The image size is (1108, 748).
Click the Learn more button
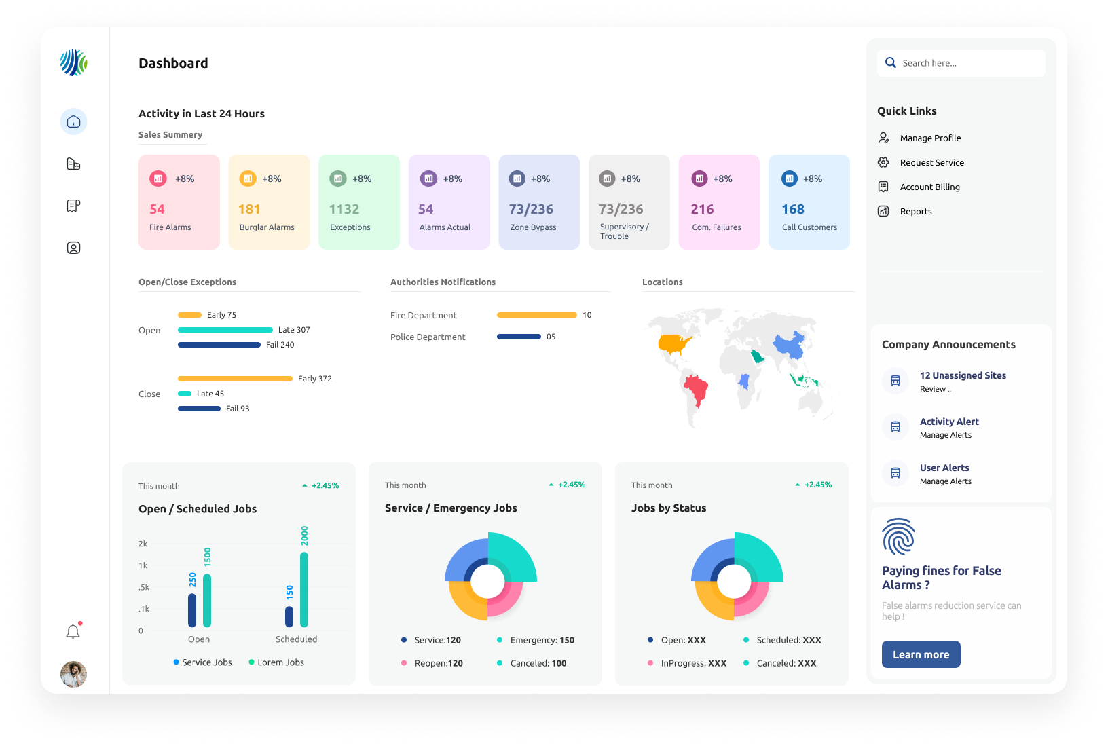921,654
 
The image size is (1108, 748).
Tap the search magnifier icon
890,63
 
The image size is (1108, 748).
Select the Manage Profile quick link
930,138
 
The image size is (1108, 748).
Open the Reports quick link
916,211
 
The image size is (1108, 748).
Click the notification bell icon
73,631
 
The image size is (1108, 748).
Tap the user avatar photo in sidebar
74,674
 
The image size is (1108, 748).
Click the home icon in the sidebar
74,121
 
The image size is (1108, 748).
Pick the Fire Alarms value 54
157,209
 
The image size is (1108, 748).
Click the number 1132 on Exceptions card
344,209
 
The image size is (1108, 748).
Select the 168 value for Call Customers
793,209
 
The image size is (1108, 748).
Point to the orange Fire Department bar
536,315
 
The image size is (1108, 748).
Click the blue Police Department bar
519,337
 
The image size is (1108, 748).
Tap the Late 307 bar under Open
225,330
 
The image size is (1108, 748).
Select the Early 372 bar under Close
235,379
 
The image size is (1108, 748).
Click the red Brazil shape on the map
697,388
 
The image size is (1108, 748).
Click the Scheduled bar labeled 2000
304,589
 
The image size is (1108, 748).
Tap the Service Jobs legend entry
202,662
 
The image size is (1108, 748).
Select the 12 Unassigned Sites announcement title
963,375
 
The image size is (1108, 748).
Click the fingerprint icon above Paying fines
898,536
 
